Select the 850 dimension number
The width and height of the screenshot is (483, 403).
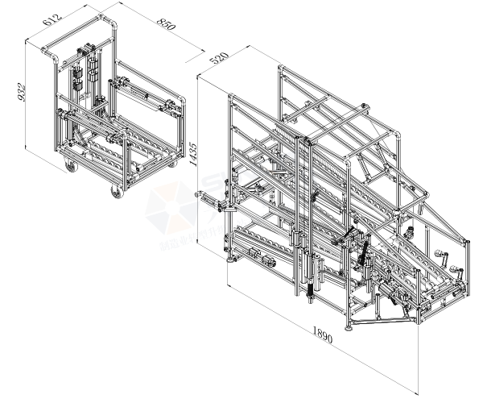tap(166, 27)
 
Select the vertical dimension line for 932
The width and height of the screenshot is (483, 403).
tap(26, 97)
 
